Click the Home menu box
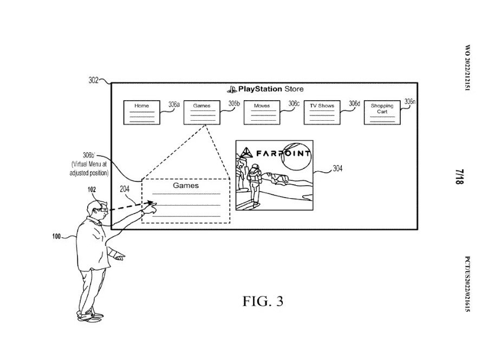(141, 112)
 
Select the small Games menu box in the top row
(201, 112)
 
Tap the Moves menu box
(262, 112)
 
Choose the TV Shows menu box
(322, 112)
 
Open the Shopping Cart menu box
(382, 112)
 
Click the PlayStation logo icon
(232, 89)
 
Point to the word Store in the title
(294, 89)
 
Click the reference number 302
(93, 80)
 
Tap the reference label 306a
(174, 104)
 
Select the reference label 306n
(409, 101)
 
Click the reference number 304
(337, 169)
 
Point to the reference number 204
(125, 189)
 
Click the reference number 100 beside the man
(56, 237)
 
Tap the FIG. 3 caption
(263, 301)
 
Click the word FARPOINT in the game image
(283, 153)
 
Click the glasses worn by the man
(103, 210)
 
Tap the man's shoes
(90, 317)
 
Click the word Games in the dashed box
(186, 186)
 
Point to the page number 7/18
(459, 176)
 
